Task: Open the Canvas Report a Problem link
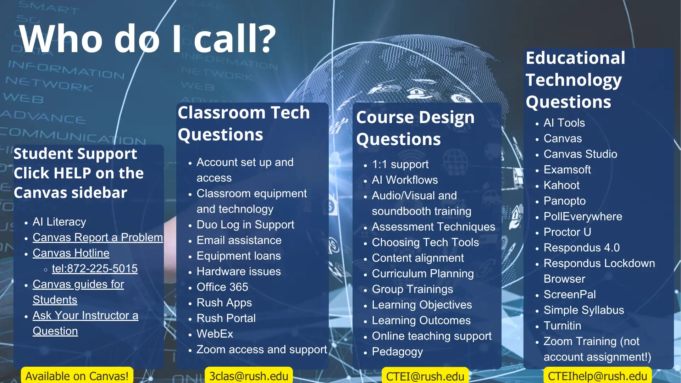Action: pyautogui.click(x=98, y=237)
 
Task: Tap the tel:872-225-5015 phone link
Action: pyautogui.click(x=95, y=268)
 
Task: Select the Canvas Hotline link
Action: pyautogui.click(x=71, y=253)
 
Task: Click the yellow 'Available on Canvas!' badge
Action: pyautogui.click(x=77, y=376)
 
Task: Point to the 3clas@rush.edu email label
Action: pyautogui.click(x=249, y=376)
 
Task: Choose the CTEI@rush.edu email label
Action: pyautogui.click(x=425, y=376)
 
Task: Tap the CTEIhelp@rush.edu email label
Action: pyautogui.click(x=597, y=376)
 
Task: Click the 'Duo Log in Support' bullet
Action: pyautogui.click(x=245, y=224)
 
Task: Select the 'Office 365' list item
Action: pyautogui.click(x=222, y=287)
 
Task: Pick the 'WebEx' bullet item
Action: pyautogui.click(x=215, y=334)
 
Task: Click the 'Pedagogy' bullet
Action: pyautogui.click(x=397, y=351)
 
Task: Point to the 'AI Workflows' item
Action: pyautogui.click(x=405, y=180)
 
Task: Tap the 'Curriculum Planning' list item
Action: pyautogui.click(x=423, y=273)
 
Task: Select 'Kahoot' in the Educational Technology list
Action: pyautogui.click(x=561, y=185)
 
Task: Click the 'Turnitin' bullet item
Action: pyautogui.click(x=562, y=326)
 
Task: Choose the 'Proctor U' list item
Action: pyautogui.click(x=567, y=232)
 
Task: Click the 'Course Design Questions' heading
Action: pyautogui.click(x=415, y=128)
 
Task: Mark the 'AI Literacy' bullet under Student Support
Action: pyautogui.click(x=59, y=222)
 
